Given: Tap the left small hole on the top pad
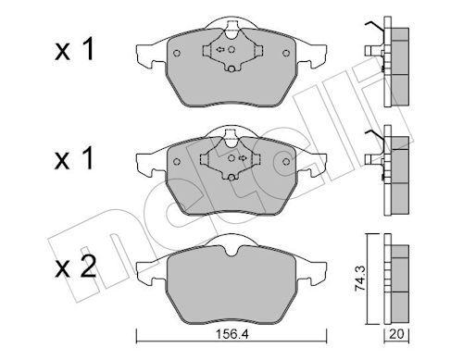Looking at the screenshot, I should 177,53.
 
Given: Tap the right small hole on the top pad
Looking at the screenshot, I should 279,53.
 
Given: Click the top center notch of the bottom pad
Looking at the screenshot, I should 226,242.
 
